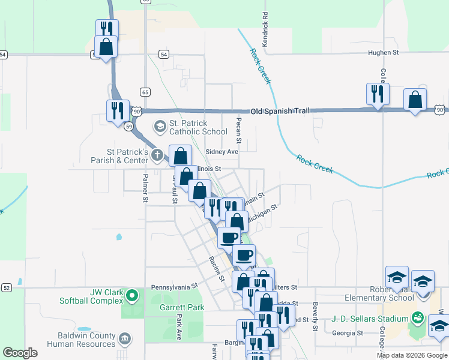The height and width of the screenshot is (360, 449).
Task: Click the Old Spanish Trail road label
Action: (x=281, y=112)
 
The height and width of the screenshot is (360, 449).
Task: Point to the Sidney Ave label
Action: (x=222, y=152)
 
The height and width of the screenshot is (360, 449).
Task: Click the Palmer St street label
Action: (x=145, y=187)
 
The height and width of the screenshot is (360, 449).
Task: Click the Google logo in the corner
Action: (x=20, y=353)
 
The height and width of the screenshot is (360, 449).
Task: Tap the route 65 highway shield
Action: (x=145, y=92)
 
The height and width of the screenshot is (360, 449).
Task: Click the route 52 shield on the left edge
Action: (x=6, y=288)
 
